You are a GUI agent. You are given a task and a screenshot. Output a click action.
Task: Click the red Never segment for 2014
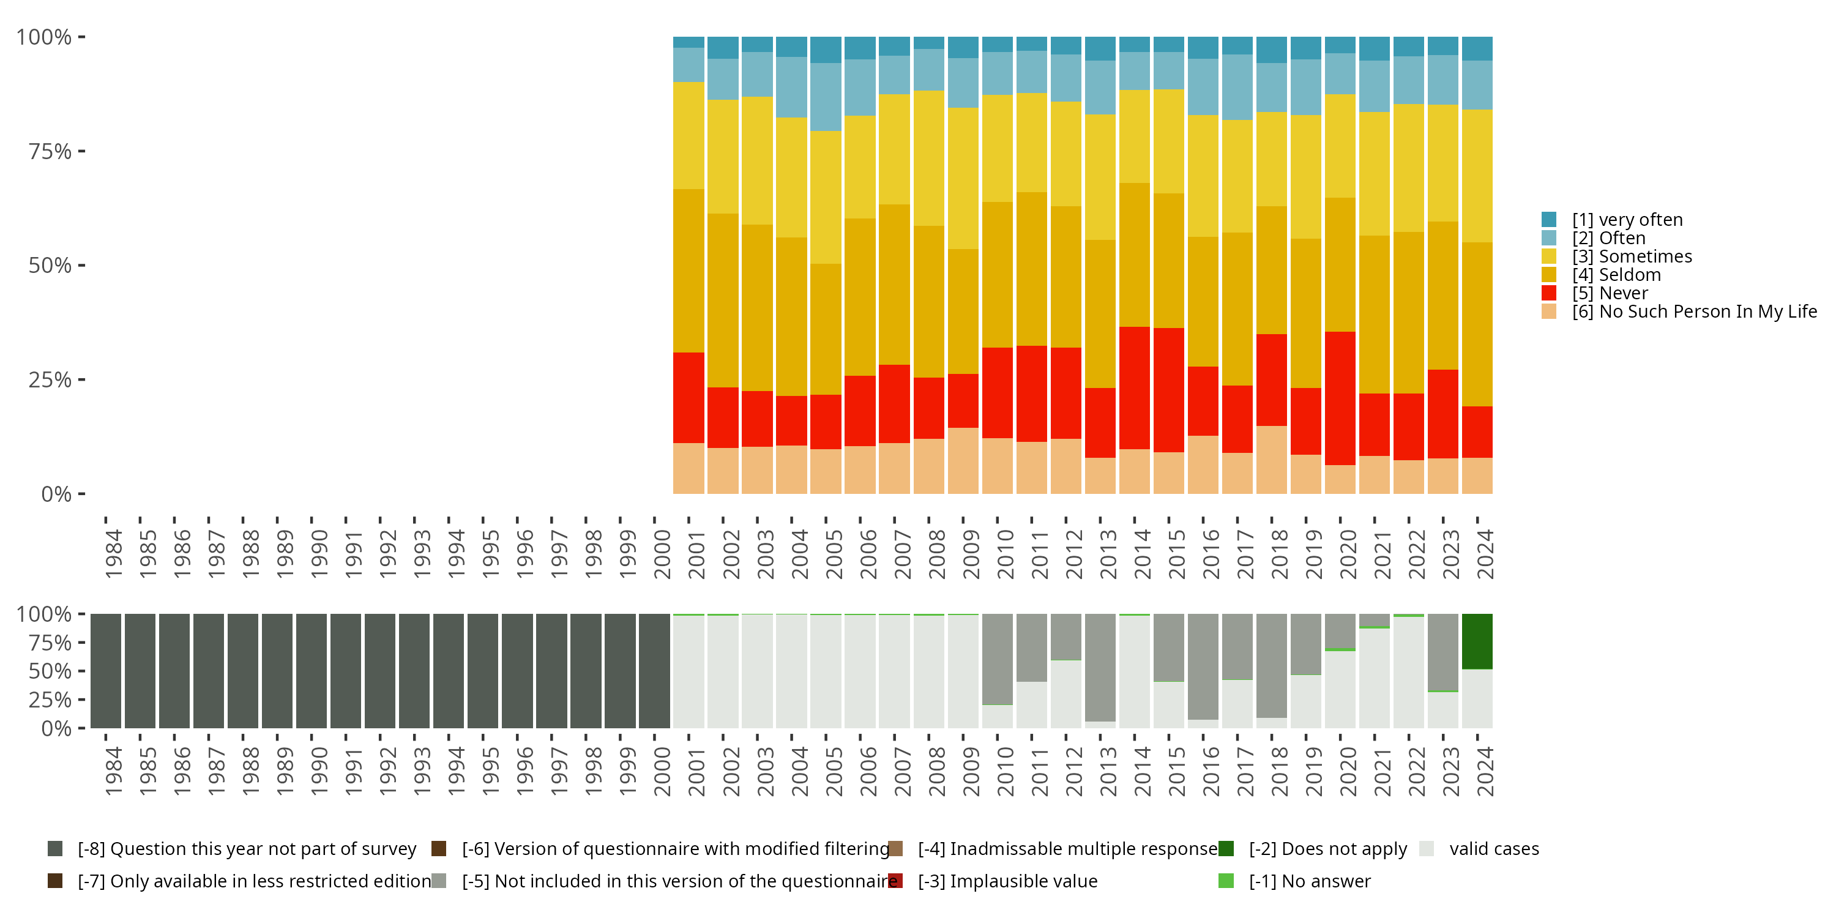[x=1134, y=388]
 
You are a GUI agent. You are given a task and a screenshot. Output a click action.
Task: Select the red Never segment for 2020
[x=1340, y=398]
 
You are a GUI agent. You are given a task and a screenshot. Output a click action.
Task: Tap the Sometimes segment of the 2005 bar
[x=826, y=198]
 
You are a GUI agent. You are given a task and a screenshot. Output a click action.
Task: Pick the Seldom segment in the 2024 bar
[x=1477, y=324]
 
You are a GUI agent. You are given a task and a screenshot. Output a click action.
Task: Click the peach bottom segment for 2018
[x=1272, y=460]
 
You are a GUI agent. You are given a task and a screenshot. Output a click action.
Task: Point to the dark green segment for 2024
[x=1477, y=641]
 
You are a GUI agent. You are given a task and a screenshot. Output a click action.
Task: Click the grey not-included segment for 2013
[x=1100, y=667]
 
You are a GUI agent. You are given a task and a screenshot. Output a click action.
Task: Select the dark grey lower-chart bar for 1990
[x=312, y=671]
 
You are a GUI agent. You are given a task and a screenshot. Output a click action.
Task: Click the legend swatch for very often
[x=1549, y=220]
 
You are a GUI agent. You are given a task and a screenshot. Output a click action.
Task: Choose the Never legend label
[x=1623, y=294]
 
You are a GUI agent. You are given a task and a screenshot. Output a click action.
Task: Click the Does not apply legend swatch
[x=1226, y=849]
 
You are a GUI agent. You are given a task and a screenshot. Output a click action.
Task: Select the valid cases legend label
[x=1494, y=849]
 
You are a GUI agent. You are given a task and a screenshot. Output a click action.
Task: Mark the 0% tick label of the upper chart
[x=56, y=494]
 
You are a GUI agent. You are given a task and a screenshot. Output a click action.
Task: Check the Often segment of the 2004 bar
[x=791, y=87]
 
